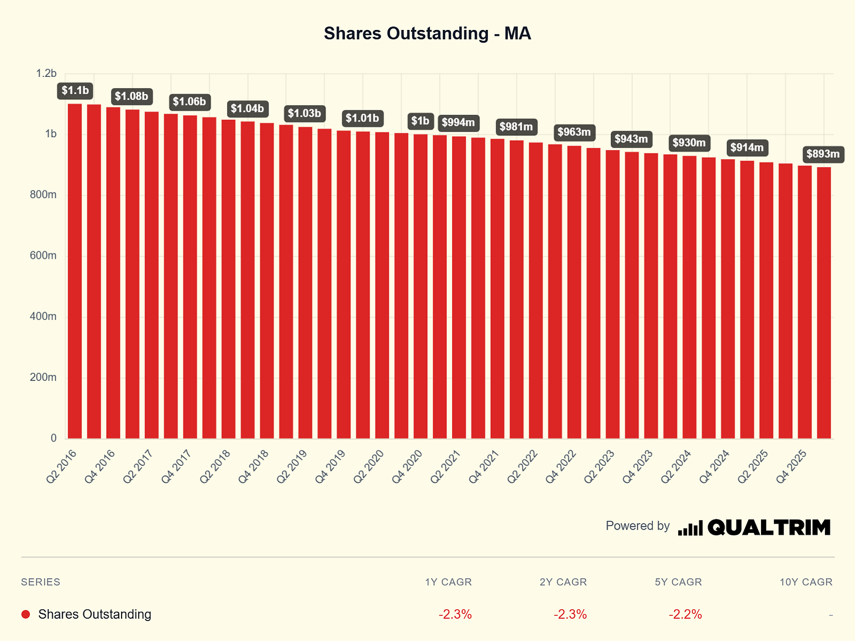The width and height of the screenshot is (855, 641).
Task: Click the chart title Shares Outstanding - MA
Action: pyautogui.click(x=427, y=33)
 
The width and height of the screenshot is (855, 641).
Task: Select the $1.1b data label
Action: pyautogui.click(x=75, y=90)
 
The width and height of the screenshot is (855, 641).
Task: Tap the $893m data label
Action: pyautogui.click(x=823, y=154)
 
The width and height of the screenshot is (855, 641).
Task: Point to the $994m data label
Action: pyautogui.click(x=459, y=123)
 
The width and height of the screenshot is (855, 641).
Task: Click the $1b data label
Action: pyautogui.click(x=420, y=121)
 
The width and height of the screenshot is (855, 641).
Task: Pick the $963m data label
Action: pyautogui.click(x=574, y=132)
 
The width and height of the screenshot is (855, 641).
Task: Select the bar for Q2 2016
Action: pyautogui.click(x=75, y=271)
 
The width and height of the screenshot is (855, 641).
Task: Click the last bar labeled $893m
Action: pyautogui.click(x=824, y=303)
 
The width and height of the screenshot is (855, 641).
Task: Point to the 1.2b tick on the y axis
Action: pyautogui.click(x=46, y=73)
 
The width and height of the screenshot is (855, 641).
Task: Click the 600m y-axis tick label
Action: pyautogui.click(x=43, y=256)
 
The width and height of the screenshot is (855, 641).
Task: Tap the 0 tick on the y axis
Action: pyautogui.click(x=54, y=438)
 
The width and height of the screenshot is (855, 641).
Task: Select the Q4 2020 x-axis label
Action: pyautogui.click(x=407, y=467)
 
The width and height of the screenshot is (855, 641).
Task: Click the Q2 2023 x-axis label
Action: pyautogui.click(x=599, y=467)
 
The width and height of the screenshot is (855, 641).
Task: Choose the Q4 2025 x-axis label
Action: pyautogui.click(x=791, y=467)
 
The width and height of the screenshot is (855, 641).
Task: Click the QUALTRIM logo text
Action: pyautogui.click(x=769, y=527)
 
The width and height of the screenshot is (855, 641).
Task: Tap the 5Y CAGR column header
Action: pyautogui.click(x=678, y=582)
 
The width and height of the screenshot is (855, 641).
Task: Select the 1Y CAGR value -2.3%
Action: pyautogui.click(x=455, y=614)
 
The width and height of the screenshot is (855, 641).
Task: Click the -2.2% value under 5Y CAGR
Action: pyautogui.click(x=685, y=614)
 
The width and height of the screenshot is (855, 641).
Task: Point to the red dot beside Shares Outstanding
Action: pyautogui.click(x=26, y=614)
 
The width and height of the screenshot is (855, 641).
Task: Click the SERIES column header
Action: pyautogui.click(x=41, y=582)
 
